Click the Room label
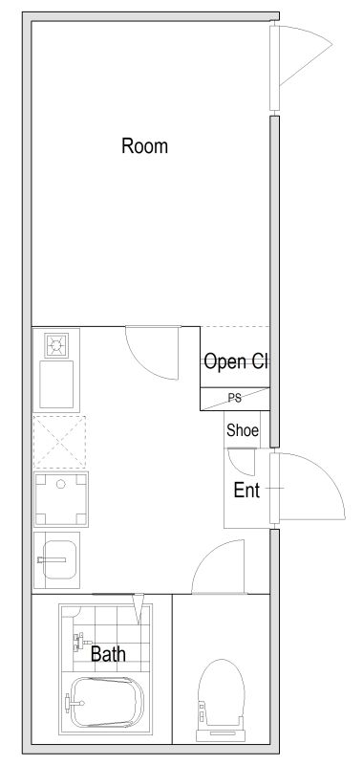coord(144,146)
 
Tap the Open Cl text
coord(236,361)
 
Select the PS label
coord(235,398)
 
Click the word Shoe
coord(243,430)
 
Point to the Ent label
coord(246,490)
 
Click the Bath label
coord(108,654)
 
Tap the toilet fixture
coord(221,700)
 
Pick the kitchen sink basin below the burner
coord(56,384)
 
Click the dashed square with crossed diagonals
coord(59,442)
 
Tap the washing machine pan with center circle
coord(61,499)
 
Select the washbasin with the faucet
coord(56,559)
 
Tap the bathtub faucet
coord(74,704)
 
